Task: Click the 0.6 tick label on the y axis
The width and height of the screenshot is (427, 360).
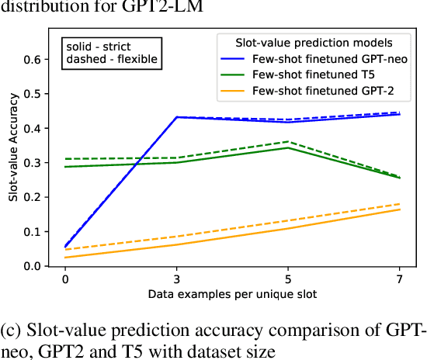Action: tap(33, 59)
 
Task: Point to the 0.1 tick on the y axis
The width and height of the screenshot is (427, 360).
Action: tap(33, 232)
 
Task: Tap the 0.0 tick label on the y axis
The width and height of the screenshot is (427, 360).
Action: tap(33, 266)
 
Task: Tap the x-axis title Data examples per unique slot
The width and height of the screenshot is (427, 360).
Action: tap(233, 295)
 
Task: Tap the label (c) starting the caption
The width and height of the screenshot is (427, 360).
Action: tap(13, 328)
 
